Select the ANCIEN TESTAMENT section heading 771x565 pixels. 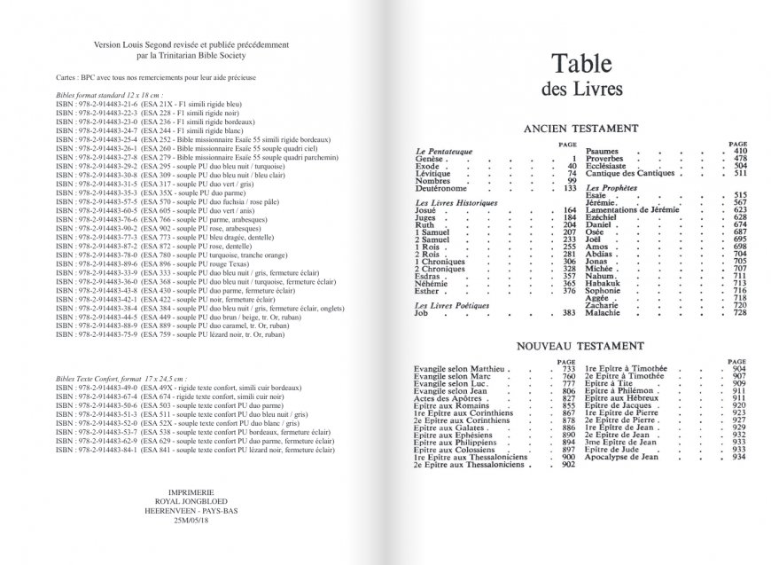(584, 127)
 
